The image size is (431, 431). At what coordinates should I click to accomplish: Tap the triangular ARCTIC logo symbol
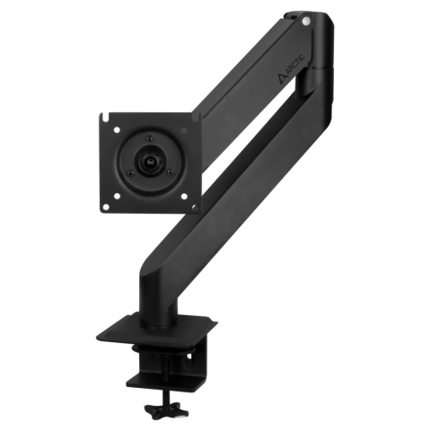(x=282, y=79)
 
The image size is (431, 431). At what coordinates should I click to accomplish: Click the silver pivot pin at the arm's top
(x=305, y=22)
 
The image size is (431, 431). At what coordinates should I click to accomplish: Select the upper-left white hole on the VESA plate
(x=117, y=130)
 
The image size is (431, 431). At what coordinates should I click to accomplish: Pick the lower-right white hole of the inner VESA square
(x=184, y=197)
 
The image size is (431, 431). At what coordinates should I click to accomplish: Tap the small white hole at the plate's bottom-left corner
(x=105, y=207)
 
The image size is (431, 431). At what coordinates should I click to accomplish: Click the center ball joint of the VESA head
(x=150, y=162)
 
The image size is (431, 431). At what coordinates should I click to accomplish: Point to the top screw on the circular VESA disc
(x=150, y=138)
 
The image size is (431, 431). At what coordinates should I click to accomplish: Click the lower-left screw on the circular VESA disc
(x=130, y=173)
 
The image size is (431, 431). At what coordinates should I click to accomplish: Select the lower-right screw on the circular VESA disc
(x=170, y=172)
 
